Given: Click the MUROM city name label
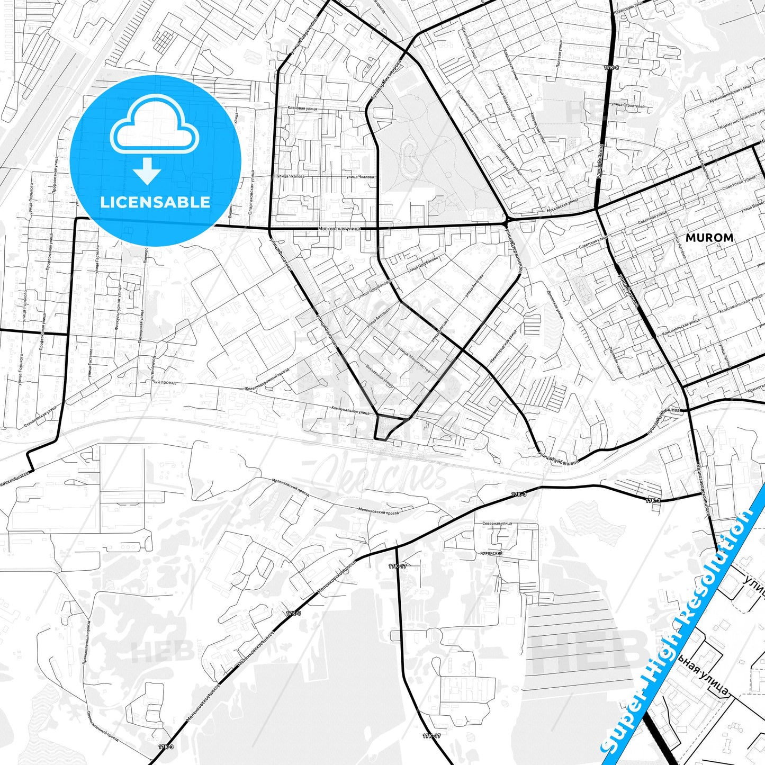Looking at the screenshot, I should tap(709, 238).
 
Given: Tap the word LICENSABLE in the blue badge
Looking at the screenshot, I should tap(155, 202).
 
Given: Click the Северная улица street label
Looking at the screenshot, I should tap(497, 524).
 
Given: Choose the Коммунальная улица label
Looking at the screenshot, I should tap(350, 410).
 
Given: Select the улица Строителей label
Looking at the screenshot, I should tap(628, 106).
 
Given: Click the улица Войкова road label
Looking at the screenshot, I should tap(600, 159).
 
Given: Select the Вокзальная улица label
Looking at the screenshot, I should tap(379, 375).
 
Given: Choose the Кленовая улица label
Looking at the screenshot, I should tap(302, 109).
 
